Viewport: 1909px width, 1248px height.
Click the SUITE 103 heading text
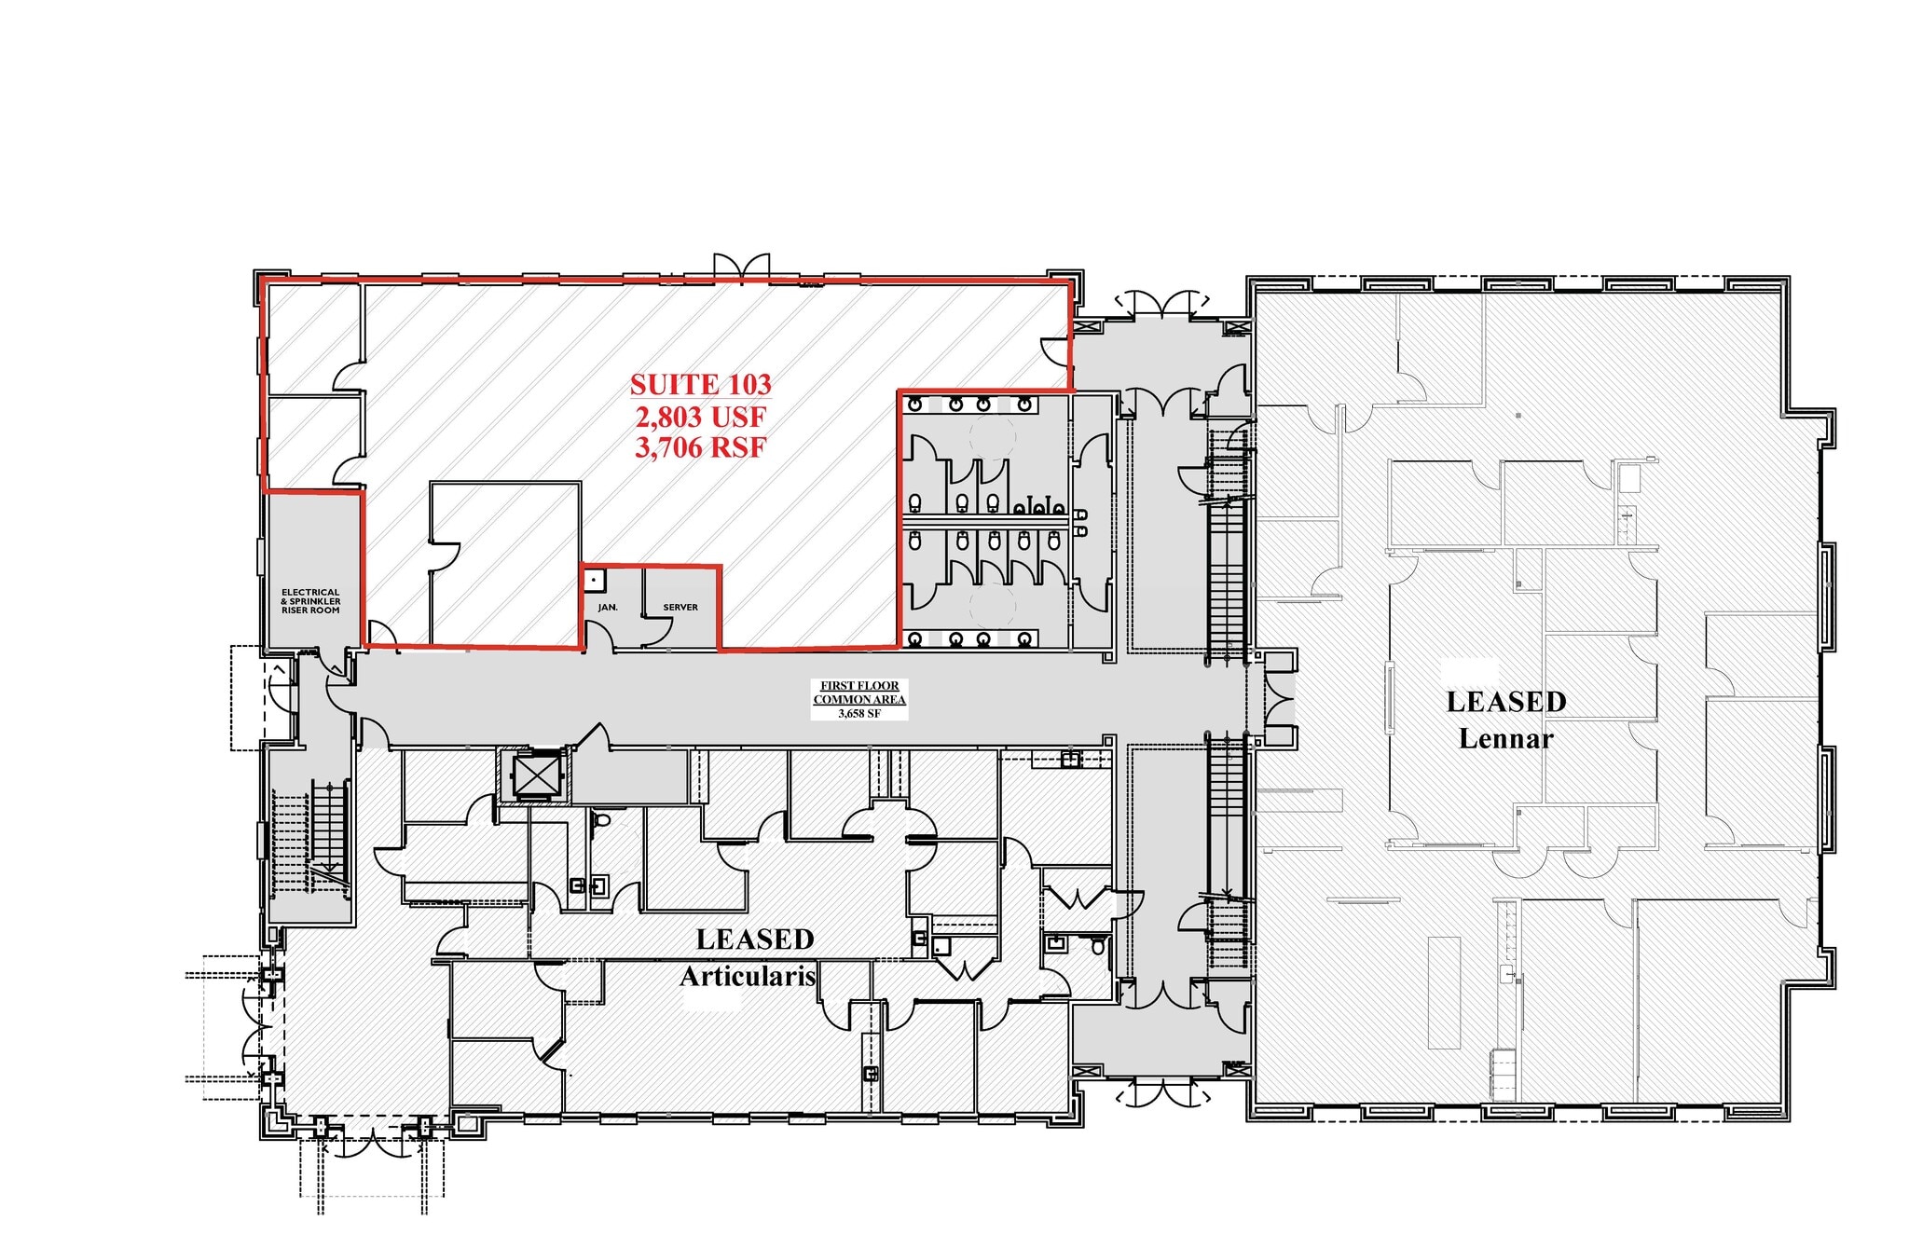click(x=700, y=384)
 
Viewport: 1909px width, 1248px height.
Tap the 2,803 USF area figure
click(x=700, y=416)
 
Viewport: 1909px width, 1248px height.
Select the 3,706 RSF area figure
click(x=700, y=447)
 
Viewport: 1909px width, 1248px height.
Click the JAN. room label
click(x=608, y=608)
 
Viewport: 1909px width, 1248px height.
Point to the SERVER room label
click(x=680, y=608)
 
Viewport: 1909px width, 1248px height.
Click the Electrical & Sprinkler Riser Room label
click(x=310, y=601)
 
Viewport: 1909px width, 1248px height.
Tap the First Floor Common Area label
click(x=859, y=693)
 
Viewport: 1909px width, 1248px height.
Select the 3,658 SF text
click(x=859, y=714)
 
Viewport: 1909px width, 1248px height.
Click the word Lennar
click(x=1505, y=739)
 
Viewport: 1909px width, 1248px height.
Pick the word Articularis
click(x=748, y=977)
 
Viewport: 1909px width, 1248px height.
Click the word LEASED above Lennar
click(x=1505, y=702)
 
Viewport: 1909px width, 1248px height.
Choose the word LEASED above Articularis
click(x=755, y=939)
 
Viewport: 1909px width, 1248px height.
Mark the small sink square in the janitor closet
click(x=593, y=578)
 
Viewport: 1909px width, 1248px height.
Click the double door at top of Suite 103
click(x=741, y=265)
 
